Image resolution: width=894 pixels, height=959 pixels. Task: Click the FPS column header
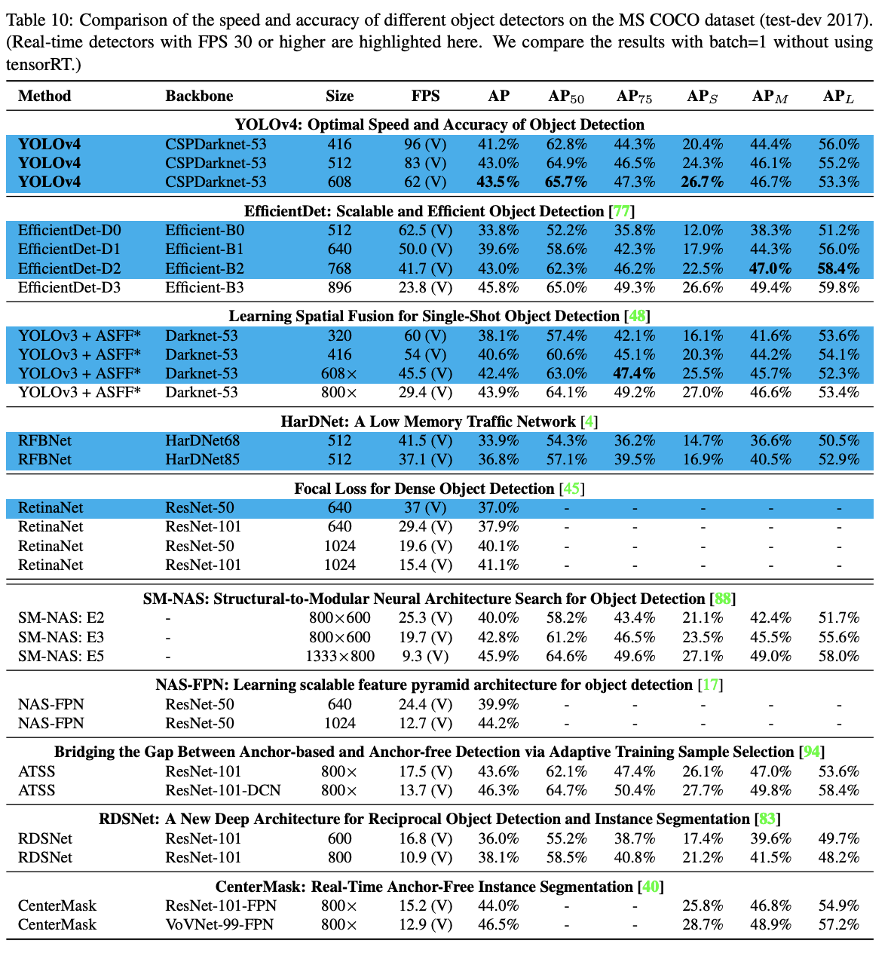pos(425,96)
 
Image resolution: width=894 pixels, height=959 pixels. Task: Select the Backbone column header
pos(199,96)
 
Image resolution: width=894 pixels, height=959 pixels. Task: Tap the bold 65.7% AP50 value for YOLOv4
pos(567,182)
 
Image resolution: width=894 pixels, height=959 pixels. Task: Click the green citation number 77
pos(622,211)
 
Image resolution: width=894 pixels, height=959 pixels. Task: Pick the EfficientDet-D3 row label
pos(69,287)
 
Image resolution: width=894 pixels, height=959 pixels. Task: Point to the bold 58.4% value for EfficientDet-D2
pos(839,268)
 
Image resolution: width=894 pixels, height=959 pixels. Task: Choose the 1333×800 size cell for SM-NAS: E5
pos(340,656)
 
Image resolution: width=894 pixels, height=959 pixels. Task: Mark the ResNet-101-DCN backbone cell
pos(222,790)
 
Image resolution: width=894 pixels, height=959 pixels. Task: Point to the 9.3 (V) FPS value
pos(425,656)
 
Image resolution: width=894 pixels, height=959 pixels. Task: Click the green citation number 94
pos(812,752)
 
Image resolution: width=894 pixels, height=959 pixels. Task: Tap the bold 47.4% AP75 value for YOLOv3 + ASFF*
pos(635,373)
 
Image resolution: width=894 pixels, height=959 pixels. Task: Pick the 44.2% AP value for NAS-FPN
pos(498,723)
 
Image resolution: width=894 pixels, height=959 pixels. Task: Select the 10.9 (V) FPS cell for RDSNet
pos(425,857)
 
